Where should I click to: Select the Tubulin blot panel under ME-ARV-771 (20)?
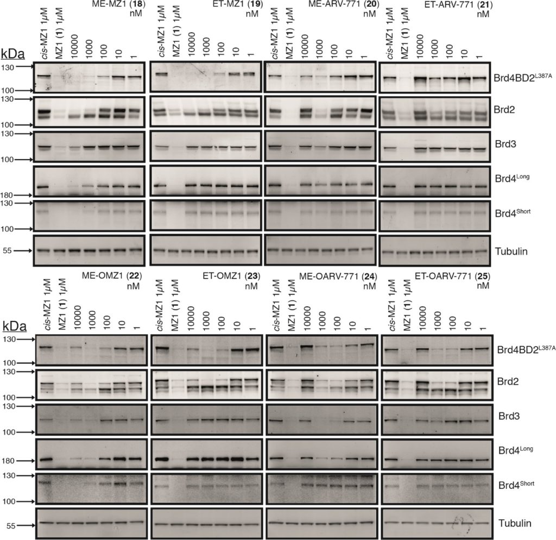320,250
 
